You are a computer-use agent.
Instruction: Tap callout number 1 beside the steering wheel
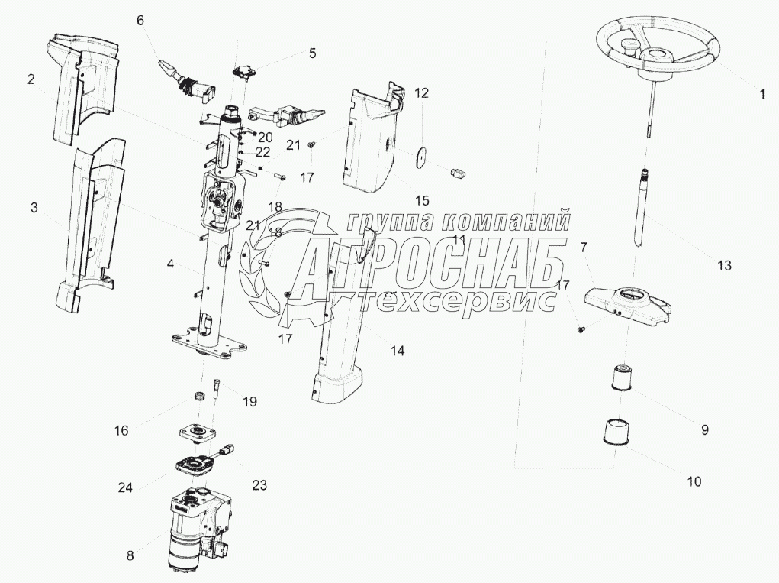point(761,95)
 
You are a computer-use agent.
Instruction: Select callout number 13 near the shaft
point(723,265)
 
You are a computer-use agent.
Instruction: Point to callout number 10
point(694,482)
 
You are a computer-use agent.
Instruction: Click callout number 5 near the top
point(311,53)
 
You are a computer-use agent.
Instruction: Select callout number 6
point(140,21)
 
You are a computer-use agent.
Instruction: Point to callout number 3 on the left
point(34,209)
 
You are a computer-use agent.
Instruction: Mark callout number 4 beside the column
point(171,264)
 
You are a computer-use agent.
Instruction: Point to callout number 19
point(250,401)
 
